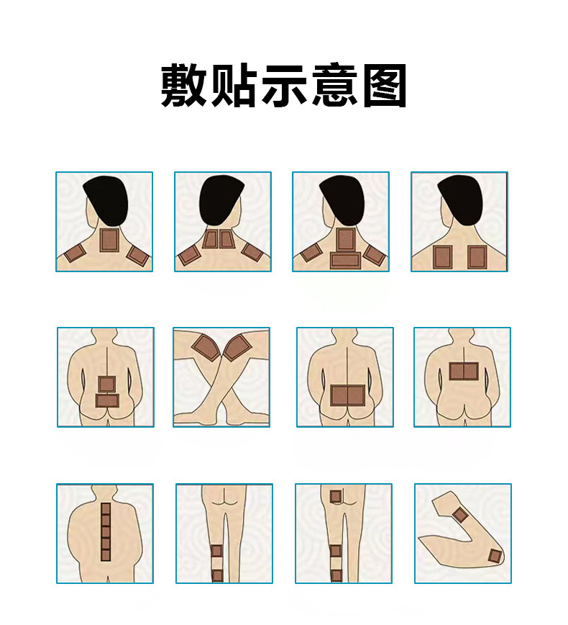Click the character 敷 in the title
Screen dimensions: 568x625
[x=183, y=85]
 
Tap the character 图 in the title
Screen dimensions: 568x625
[x=385, y=85]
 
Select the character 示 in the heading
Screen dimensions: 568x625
[x=284, y=85]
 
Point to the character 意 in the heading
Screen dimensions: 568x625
[x=334, y=85]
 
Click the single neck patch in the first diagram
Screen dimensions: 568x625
[x=109, y=240]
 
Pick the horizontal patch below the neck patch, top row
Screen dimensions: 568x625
[x=346, y=260]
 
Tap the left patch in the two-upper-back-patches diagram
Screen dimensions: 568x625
[x=443, y=257]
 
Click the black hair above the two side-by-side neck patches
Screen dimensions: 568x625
[x=221, y=202]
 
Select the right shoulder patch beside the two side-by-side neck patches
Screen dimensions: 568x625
[x=252, y=252]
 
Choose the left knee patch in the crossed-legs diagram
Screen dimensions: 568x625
[x=206, y=347]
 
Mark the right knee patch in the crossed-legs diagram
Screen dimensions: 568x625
[x=237, y=346]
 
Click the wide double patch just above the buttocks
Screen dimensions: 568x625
[x=347, y=395]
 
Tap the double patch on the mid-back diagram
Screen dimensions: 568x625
[x=464, y=371]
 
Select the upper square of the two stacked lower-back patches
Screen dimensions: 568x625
[x=106, y=385]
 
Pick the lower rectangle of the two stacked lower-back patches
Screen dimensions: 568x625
[x=107, y=400]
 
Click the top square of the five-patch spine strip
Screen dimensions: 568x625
[x=106, y=508]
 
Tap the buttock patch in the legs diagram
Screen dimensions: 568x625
[x=336, y=496]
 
